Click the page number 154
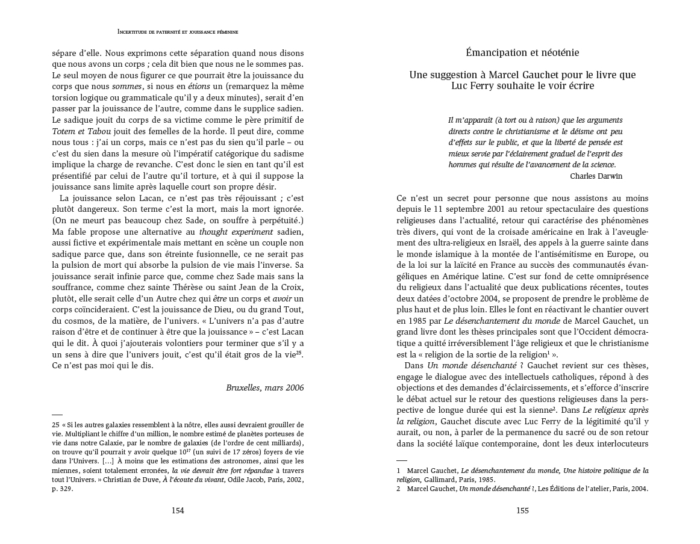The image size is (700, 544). point(178,511)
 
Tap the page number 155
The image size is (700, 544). point(522,511)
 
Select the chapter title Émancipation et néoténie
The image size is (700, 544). point(522,53)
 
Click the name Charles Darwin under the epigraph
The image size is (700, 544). point(596,176)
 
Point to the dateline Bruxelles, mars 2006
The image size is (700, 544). point(265,388)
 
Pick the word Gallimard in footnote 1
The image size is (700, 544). point(433,480)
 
